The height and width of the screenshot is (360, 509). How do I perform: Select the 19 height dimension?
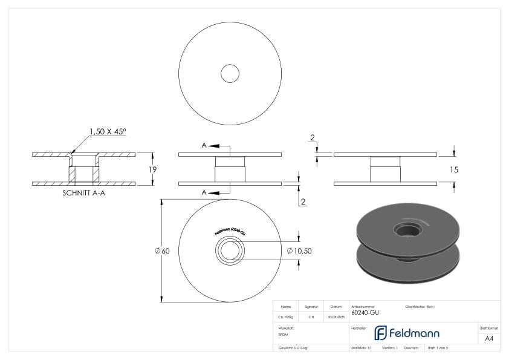click(153, 170)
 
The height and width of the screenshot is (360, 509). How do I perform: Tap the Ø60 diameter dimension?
click(161, 251)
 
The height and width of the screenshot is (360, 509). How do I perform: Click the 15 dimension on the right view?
click(454, 170)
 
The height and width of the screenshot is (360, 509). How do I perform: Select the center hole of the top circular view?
click(230, 74)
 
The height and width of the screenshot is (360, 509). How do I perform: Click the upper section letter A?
click(204, 146)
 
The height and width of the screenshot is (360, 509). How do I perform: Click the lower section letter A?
click(204, 192)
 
